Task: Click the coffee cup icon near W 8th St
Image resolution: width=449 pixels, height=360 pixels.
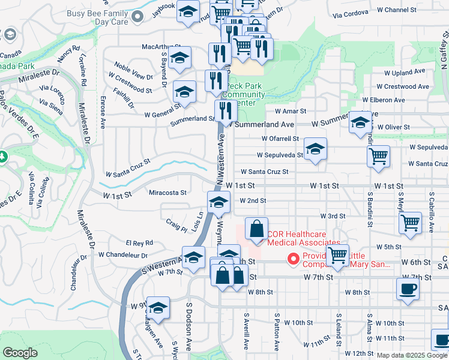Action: click(408, 289)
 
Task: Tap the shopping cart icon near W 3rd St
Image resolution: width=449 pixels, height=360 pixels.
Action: click(410, 223)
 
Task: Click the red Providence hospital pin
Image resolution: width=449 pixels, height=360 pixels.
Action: click(294, 259)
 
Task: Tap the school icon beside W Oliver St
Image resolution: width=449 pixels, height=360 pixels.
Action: click(360, 122)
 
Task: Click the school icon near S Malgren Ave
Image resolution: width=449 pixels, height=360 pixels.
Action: click(158, 307)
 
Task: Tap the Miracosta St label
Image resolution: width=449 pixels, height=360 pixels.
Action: click(168, 193)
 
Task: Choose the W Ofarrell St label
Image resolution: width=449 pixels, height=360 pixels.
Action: click(280, 139)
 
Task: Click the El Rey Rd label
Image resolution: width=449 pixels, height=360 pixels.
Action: click(139, 243)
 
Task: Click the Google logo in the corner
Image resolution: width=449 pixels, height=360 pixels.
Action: click(20, 352)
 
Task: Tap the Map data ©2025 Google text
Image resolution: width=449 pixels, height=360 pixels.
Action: click(412, 355)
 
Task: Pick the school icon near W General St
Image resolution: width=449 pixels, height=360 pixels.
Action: click(184, 91)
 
